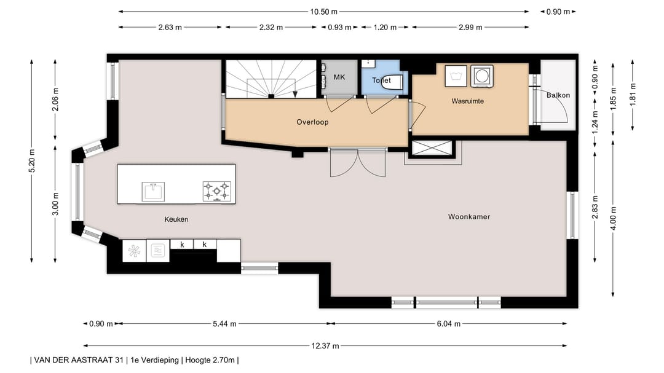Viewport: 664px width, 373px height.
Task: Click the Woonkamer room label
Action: pyautogui.click(x=468, y=217)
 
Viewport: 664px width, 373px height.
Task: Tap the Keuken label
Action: pyautogui.click(x=176, y=219)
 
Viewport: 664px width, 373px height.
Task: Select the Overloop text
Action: pyautogui.click(x=312, y=122)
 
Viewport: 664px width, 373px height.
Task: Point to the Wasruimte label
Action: pyautogui.click(x=467, y=101)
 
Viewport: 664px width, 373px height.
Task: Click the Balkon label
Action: pyautogui.click(x=558, y=95)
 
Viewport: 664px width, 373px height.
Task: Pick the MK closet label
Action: pyautogui.click(x=339, y=77)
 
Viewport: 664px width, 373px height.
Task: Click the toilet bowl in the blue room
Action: pyautogui.click(x=392, y=82)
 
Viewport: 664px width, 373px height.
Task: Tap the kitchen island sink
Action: pyautogui.click(x=153, y=192)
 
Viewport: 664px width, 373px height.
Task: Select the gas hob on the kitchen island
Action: pyautogui.click(x=217, y=191)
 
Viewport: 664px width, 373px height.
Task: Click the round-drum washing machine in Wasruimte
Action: pyautogui.click(x=482, y=76)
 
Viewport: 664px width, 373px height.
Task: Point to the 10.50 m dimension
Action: pyautogui.click(x=323, y=12)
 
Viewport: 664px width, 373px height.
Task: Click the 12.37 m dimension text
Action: pyautogui.click(x=325, y=346)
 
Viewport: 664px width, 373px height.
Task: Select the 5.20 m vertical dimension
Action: pyautogui.click(x=32, y=161)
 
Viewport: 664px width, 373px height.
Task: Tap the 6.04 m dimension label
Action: pyautogui.click(x=448, y=324)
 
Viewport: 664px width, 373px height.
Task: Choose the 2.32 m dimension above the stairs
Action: pyautogui.click(x=271, y=28)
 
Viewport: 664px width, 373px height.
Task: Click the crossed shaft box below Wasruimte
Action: pyautogui.click(x=432, y=149)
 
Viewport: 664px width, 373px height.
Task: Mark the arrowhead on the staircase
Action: pyautogui.click(x=295, y=94)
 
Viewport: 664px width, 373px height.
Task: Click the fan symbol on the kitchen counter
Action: pyautogui.click(x=134, y=251)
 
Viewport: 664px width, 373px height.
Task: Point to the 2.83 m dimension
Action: pyautogui.click(x=595, y=208)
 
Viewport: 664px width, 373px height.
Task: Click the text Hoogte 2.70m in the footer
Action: pyautogui.click(x=210, y=360)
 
